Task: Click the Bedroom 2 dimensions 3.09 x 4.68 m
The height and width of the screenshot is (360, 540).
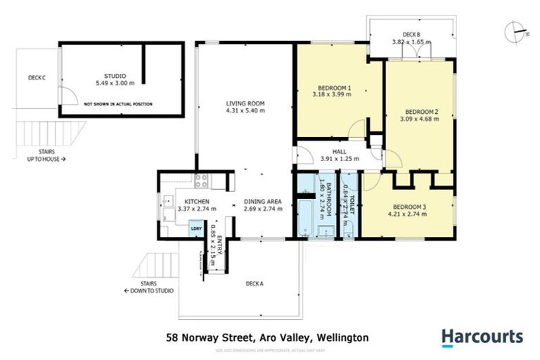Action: point(422,119)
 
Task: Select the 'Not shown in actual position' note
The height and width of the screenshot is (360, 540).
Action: point(117,104)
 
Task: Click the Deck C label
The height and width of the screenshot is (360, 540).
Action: point(37,77)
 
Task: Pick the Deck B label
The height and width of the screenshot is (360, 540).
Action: point(411,34)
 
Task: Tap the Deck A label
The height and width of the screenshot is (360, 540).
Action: point(254,284)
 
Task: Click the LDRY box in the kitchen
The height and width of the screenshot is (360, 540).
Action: point(196,229)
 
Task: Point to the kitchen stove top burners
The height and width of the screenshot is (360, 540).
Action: point(200,181)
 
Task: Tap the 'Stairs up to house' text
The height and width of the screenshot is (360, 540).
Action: point(44,155)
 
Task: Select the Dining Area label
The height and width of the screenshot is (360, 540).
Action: point(262,201)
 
